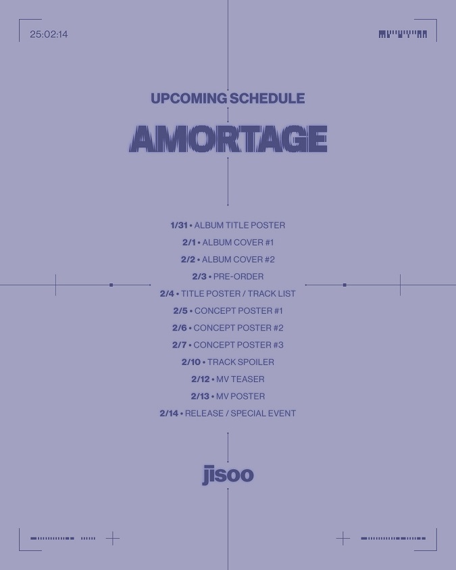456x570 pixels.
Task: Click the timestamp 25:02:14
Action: coord(49,34)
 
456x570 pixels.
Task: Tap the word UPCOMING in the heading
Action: coord(188,98)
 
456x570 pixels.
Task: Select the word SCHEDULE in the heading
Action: coord(268,98)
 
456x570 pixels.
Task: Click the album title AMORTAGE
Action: coord(228,139)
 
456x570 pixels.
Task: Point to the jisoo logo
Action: coord(228,475)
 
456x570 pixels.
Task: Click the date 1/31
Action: coord(179,225)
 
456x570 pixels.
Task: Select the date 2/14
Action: coord(169,413)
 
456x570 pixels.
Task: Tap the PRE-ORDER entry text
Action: coord(238,277)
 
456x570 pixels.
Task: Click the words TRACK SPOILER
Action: coord(240,362)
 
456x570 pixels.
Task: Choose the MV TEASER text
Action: coord(240,379)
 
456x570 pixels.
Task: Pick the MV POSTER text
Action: coord(240,396)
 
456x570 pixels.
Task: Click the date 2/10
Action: coord(191,362)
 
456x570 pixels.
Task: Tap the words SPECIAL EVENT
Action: coord(263,413)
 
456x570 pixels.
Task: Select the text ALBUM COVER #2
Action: coord(238,260)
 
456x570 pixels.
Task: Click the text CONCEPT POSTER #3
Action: coord(238,345)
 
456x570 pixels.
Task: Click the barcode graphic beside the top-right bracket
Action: coord(403,34)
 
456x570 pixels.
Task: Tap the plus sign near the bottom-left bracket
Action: coord(113,538)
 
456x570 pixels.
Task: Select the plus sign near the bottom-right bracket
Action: coord(343,538)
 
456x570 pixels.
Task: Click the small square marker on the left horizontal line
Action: coord(111,285)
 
